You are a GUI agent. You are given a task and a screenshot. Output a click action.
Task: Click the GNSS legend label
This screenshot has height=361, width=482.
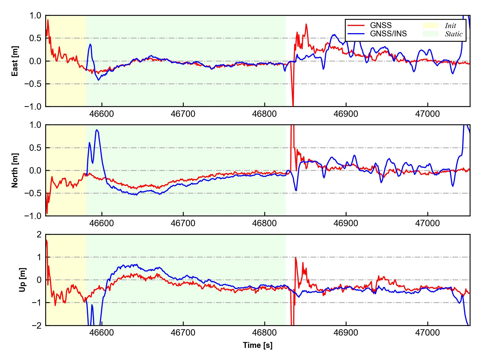(381, 25)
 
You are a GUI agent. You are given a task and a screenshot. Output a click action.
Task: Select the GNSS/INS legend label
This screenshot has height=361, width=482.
(388, 34)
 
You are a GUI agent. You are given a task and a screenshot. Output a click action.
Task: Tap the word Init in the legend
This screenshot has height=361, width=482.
(450, 26)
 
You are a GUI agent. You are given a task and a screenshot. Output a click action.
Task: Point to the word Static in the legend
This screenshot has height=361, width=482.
(454, 34)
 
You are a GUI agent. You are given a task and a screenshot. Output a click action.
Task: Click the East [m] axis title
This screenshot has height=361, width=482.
(15, 61)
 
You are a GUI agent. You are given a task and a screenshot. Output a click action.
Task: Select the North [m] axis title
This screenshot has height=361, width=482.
(15, 170)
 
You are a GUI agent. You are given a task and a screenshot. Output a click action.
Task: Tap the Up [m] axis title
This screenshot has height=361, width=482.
(22, 280)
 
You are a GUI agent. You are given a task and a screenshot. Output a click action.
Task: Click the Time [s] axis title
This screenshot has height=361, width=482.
(258, 345)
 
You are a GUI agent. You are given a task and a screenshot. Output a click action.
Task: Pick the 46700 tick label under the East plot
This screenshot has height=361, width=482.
(183, 114)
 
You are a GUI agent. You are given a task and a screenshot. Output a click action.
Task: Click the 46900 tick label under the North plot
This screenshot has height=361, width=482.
(346, 223)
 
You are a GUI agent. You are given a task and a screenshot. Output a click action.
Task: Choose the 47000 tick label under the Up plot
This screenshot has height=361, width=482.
(427, 333)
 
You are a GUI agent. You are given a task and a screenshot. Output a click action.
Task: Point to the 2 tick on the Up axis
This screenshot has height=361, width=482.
(39, 235)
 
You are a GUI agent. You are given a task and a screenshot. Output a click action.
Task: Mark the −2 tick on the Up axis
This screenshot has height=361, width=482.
(37, 325)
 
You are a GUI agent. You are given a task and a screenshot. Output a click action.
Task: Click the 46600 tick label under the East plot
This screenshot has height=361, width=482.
(102, 114)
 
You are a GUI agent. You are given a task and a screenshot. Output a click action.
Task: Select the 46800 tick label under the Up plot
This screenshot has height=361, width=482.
(265, 333)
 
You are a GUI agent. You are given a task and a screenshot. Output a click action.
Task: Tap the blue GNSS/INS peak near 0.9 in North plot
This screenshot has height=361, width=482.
(97, 130)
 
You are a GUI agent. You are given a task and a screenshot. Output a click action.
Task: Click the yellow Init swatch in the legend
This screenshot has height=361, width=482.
(431, 25)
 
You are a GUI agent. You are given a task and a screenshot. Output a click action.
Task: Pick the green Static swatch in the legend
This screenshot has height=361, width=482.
(431, 34)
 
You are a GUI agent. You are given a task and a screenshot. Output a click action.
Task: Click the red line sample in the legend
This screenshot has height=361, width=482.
(356, 25)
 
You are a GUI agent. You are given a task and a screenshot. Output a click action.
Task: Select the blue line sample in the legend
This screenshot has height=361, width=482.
(356, 34)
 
